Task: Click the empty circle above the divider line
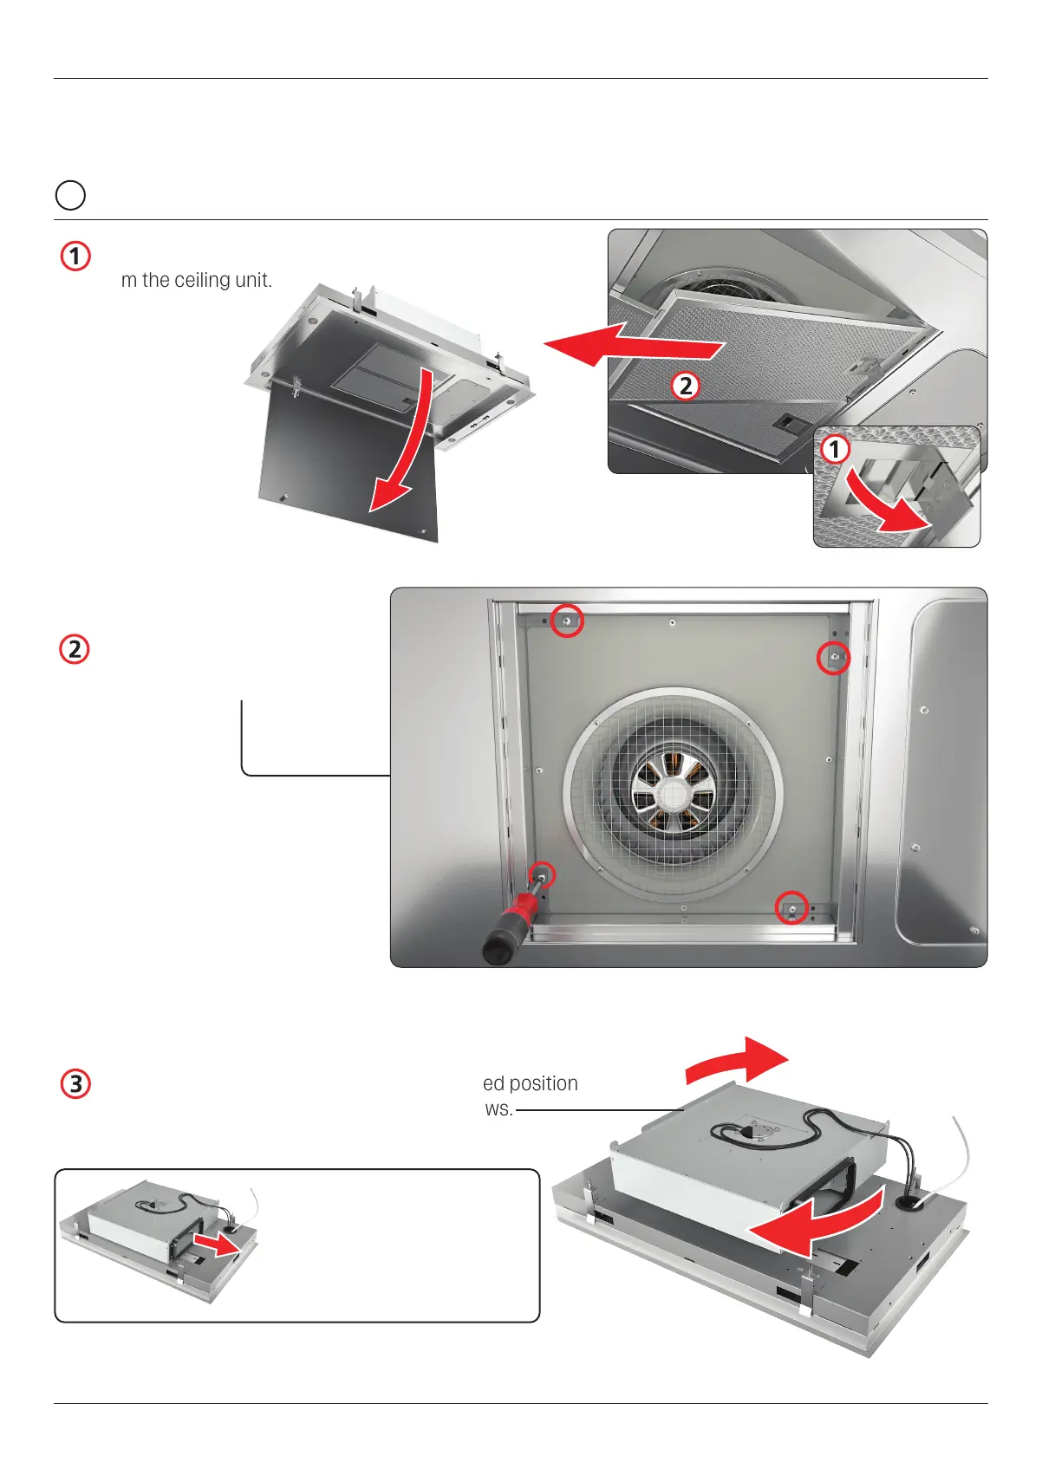(x=70, y=195)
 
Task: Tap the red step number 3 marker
(x=75, y=1084)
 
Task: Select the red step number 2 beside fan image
(x=75, y=649)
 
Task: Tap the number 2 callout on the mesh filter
(x=686, y=386)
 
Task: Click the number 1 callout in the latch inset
(x=835, y=449)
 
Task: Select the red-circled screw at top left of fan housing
(x=568, y=621)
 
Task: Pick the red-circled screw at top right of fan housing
(x=834, y=659)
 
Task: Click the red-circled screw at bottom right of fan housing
(x=791, y=907)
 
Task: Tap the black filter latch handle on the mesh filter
(x=789, y=423)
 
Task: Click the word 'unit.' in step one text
(x=252, y=280)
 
